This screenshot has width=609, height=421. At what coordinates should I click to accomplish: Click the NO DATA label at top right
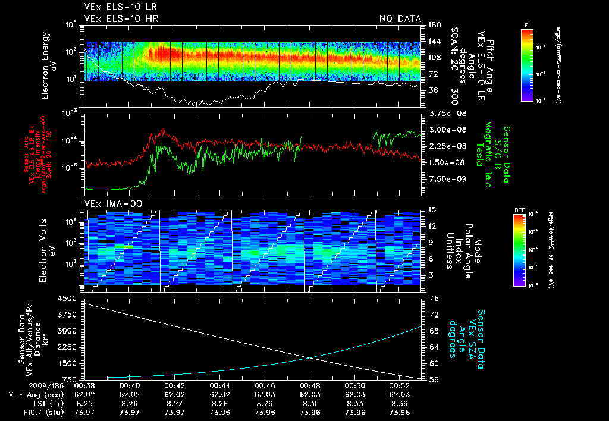click(x=400, y=19)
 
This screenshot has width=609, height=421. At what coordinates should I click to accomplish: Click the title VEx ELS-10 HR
click(x=117, y=19)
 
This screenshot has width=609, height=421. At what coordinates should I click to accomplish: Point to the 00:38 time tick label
click(x=84, y=385)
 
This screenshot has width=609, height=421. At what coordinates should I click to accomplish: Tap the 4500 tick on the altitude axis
click(x=67, y=298)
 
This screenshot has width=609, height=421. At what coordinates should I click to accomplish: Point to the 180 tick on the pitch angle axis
click(x=434, y=25)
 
